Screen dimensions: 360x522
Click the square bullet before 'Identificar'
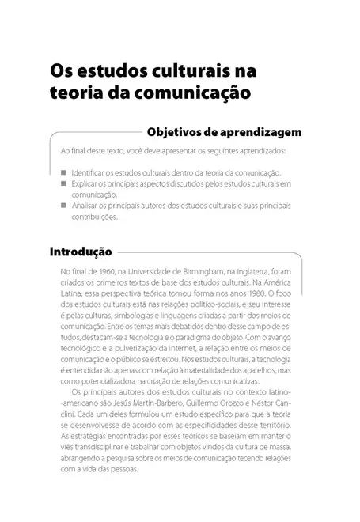tap(63, 172)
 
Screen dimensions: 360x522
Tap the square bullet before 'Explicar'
tap(63, 183)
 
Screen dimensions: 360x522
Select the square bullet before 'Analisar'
tap(63, 205)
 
